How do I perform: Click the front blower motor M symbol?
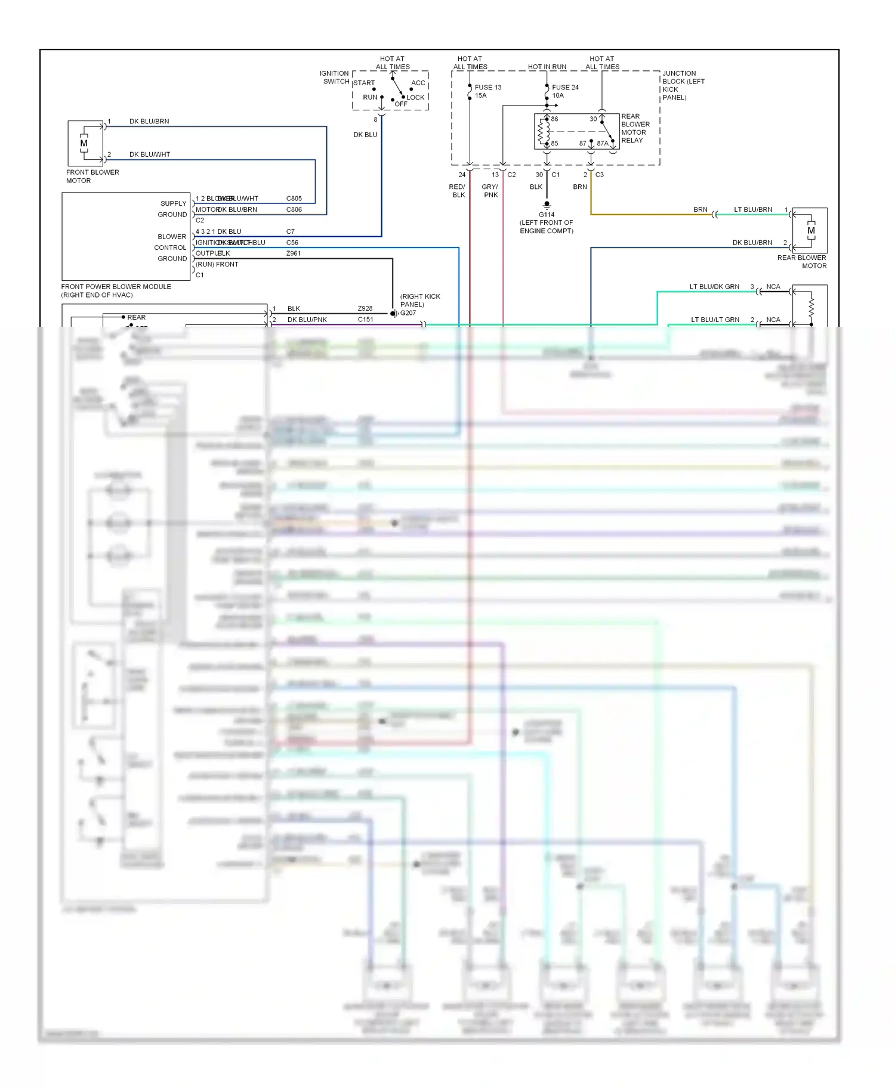[84, 143]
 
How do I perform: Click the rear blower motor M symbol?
[810, 231]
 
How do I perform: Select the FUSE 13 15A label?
[487, 91]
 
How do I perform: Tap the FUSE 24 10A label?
[564, 91]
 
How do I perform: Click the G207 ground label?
[408, 313]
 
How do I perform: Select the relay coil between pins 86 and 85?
[544, 131]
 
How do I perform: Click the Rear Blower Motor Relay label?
[635, 128]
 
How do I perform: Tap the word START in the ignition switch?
[364, 83]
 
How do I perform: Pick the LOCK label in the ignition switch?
[415, 97]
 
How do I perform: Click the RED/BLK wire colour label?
[458, 191]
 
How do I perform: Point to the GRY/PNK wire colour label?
[490, 191]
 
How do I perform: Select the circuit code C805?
[294, 199]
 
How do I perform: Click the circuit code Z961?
[293, 253]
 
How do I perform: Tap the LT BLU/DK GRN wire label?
[714, 287]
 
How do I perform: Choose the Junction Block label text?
[683, 85]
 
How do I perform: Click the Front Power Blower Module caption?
[116, 290]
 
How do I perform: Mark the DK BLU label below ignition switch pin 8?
[365, 135]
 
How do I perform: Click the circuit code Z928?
[365, 308]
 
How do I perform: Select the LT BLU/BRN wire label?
[752, 209]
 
